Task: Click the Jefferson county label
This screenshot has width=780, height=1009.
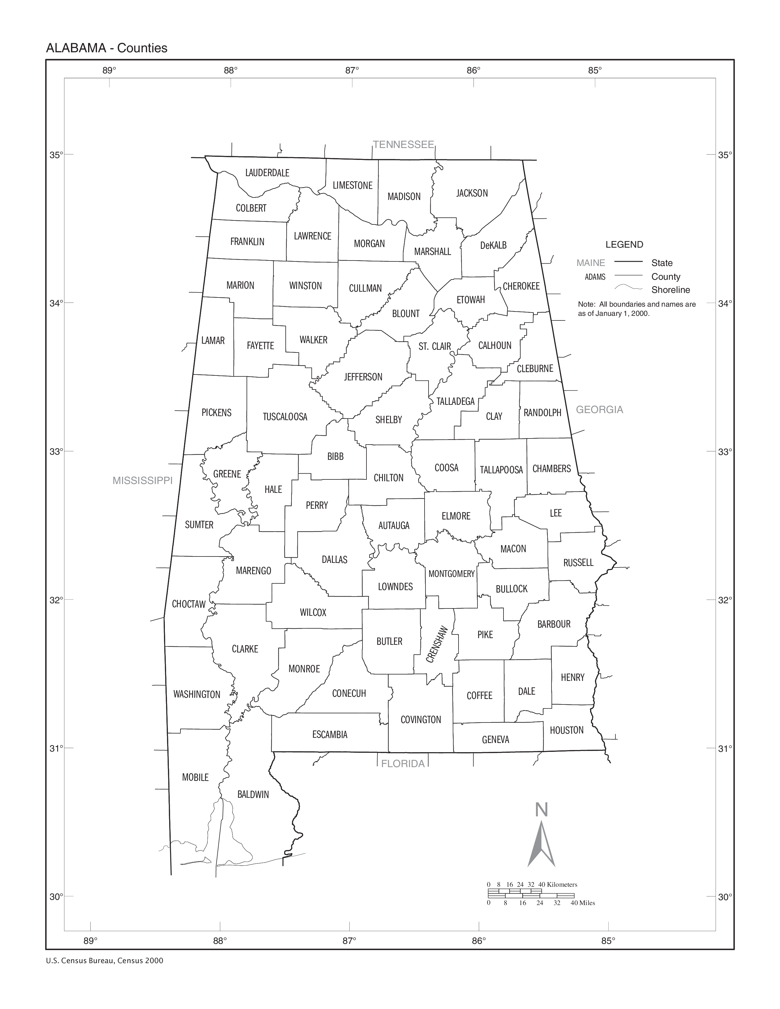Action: pyautogui.click(x=363, y=377)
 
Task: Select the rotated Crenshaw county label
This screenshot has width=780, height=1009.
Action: pyautogui.click(x=437, y=645)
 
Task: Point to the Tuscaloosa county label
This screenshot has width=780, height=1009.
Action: pyautogui.click(x=285, y=417)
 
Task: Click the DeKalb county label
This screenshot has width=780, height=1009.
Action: pyautogui.click(x=493, y=245)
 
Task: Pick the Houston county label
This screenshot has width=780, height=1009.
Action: pyautogui.click(x=566, y=730)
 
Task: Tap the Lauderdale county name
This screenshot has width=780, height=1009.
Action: pyautogui.click(x=267, y=173)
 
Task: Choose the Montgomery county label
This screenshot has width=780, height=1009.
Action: pyautogui.click(x=451, y=574)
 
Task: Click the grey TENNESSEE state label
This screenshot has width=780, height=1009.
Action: pyautogui.click(x=403, y=145)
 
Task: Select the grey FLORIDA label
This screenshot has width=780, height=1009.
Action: pyautogui.click(x=403, y=764)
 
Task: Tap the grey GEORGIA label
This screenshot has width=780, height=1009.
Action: pyautogui.click(x=599, y=409)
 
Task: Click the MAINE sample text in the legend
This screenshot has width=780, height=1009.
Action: pyautogui.click(x=591, y=263)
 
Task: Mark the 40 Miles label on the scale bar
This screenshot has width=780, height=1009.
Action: pyautogui.click(x=583, y=903)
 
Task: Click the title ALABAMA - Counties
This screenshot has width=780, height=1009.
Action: pyautogui.click(x=107, y=48)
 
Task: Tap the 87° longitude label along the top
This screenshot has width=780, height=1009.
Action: pyautogui.click(x=352, y=70)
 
